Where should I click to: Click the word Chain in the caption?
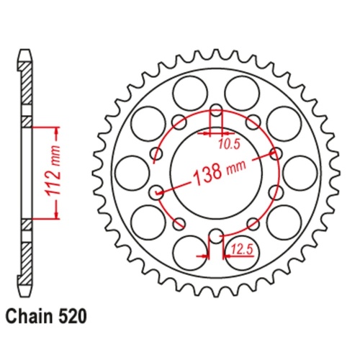27,315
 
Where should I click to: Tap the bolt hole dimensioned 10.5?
216,112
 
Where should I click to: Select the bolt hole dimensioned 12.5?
216,235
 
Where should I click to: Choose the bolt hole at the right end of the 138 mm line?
275,153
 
